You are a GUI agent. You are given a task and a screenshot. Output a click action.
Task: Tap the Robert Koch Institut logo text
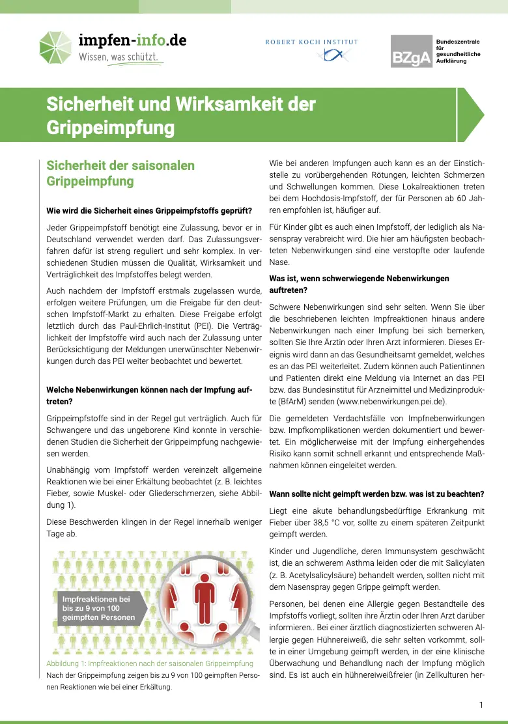311,42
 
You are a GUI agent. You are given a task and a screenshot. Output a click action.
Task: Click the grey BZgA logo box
412,51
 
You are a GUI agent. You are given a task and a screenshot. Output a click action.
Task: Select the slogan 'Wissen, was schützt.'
119,57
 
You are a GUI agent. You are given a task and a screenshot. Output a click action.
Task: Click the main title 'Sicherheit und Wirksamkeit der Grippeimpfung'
181,115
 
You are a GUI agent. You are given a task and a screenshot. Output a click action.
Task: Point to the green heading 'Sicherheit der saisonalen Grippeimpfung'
120,173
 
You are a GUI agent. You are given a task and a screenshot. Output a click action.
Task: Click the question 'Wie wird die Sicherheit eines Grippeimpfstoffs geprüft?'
149,210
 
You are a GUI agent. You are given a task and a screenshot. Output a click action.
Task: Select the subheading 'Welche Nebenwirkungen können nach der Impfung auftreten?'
149,396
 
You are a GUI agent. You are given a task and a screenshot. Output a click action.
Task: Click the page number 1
481,705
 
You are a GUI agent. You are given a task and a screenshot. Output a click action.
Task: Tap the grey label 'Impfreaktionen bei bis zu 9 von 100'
98,608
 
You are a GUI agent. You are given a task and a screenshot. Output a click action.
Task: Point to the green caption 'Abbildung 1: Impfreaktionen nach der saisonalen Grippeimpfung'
150,663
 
